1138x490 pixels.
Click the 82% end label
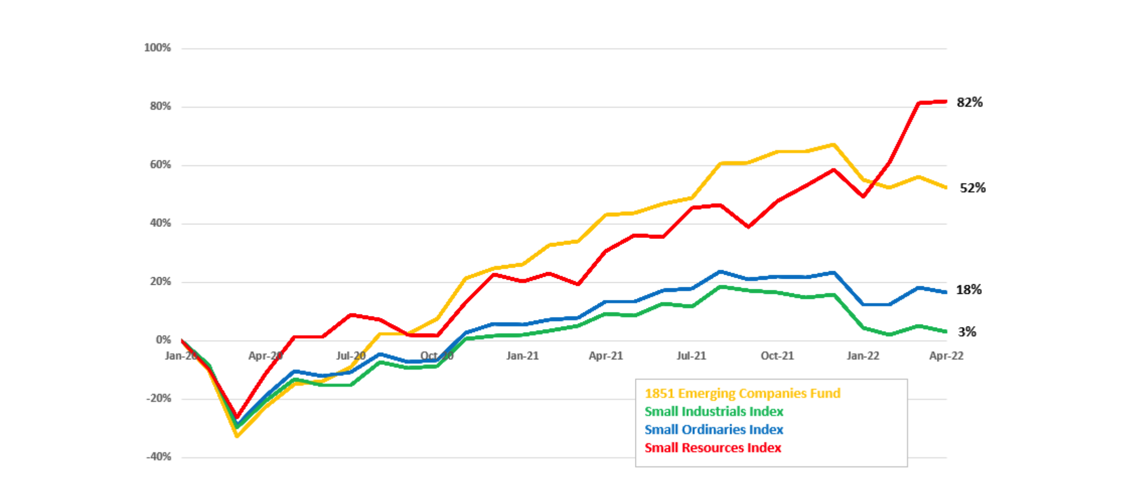point(969,102)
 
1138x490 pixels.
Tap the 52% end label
point(972,188)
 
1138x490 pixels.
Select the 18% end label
point(968,290)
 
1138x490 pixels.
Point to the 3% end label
point(966,332)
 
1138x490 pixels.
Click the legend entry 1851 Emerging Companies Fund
point(742,393)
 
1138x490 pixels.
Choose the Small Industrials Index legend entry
point(713,412)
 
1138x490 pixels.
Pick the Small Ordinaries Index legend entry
point(713,430)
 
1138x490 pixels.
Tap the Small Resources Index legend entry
point(712,448)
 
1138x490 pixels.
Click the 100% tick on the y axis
point(157,48)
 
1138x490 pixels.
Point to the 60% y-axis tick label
point(160,165)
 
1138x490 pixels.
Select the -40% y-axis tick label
point(158,457)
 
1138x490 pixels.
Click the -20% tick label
point(158,398)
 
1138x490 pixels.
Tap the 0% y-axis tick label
point(163,340)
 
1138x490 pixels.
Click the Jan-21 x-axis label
point(522,356)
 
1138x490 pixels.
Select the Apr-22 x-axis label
point(946,356)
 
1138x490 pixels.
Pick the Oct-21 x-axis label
point(777,356)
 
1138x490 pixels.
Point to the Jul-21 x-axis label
point(691,356)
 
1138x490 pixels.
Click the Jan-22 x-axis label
point(863,356)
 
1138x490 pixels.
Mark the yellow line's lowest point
point(237,436)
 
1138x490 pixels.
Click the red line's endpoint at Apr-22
point(946,102)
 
